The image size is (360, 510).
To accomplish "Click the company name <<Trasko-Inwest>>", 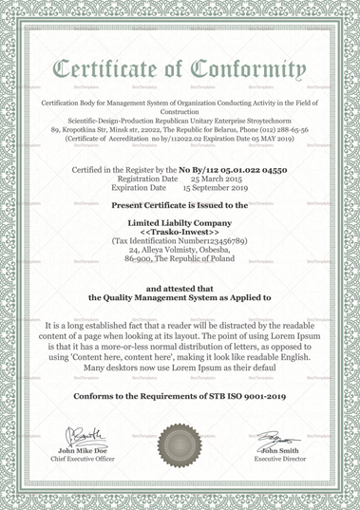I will pos(180,231).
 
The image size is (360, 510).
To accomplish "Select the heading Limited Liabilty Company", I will pos(180,220).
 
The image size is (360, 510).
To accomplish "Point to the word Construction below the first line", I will pos(180,111).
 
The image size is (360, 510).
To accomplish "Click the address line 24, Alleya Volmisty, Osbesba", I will pos(180,251).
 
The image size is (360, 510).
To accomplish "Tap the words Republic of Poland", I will pos(203,261).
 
